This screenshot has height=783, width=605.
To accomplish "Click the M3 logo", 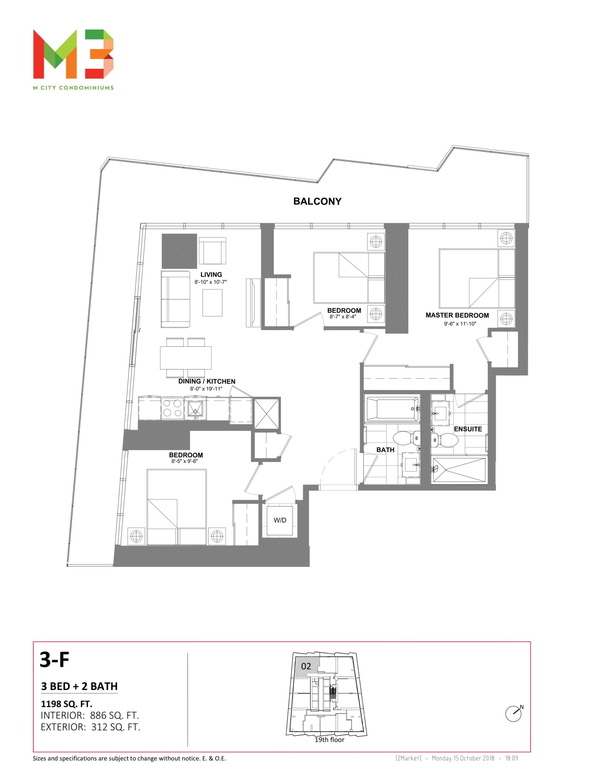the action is [73, 54].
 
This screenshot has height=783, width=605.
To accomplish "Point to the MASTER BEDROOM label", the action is [457, 316].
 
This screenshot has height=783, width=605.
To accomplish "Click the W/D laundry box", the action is [280, 520].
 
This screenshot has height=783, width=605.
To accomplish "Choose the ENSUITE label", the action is [468, 429].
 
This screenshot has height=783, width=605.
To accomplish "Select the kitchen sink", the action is [195, 409].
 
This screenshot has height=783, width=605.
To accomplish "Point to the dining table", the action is [185, 358].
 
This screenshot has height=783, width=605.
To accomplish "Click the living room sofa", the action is [175, 299].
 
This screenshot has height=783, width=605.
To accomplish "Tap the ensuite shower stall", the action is [459, 470].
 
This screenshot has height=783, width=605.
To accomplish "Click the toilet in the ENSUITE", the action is [444, 440].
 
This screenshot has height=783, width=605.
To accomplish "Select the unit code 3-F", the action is [54, 660].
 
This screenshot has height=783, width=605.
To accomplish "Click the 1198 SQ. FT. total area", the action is [67, 704].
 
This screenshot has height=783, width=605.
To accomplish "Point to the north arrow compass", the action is [514, 714].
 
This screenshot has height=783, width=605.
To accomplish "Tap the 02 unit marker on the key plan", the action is [306, 666].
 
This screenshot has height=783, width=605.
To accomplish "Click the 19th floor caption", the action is [329, 740].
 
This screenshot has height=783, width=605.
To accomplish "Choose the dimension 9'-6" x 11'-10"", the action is [460, 324].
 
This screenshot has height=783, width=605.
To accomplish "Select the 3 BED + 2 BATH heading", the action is [79, 686].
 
